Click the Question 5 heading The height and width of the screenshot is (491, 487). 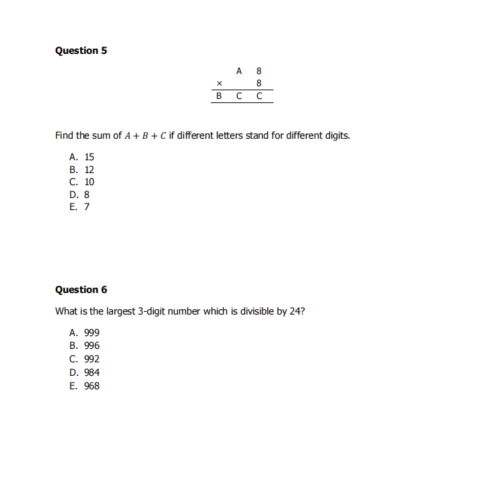81,51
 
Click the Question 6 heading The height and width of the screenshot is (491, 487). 81,290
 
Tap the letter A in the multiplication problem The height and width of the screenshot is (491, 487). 239,70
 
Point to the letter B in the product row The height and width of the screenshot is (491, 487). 219,96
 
